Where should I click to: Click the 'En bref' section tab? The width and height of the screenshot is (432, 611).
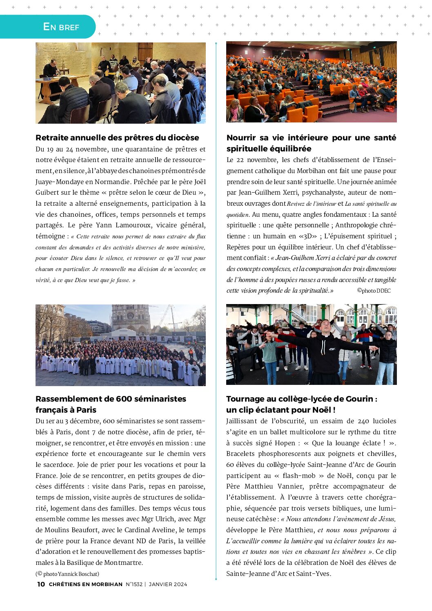coord(61,27)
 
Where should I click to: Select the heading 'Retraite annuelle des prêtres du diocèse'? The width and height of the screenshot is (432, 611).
coord(117,138)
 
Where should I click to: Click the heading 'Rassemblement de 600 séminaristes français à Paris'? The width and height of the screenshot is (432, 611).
coord(111,404)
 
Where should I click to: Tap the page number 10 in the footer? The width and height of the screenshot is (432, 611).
coord(41,584)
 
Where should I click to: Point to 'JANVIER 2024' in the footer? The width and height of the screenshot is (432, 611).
coord(168,584)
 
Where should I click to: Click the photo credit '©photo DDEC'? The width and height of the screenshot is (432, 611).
coord(374,291)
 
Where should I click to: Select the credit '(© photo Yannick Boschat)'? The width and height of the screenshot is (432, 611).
coord(67,574)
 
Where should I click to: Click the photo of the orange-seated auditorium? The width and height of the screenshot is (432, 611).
coord(311,82)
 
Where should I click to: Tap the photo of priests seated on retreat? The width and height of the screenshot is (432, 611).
coord(120,83)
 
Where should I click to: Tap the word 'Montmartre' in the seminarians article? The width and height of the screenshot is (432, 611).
coord(123,563)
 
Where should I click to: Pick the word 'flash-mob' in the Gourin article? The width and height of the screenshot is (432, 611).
coord(300,475)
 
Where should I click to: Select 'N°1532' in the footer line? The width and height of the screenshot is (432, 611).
coord(134,584)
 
